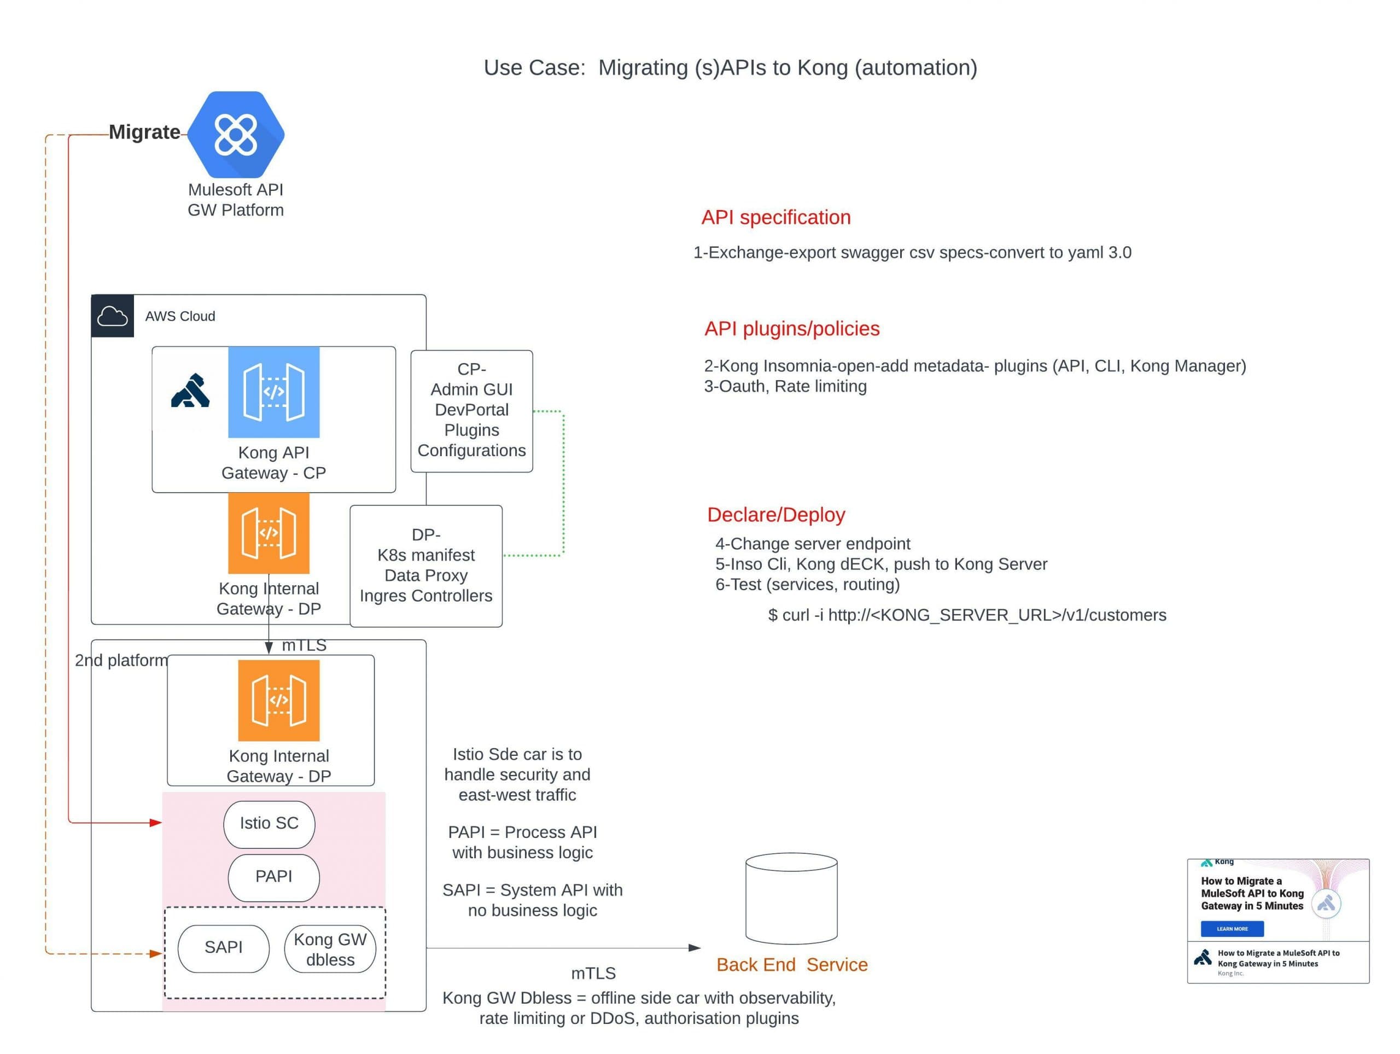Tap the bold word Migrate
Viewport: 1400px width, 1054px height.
(144, 132)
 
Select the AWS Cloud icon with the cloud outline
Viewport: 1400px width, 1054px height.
(112, 316)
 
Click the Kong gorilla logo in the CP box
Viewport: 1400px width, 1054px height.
(190, 391)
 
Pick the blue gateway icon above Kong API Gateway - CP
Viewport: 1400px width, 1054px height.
(273, 392)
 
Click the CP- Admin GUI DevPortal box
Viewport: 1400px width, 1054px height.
(471, 410)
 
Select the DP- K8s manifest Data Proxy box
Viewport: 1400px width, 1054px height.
(426, 566)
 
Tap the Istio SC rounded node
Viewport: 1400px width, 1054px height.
(269, 823)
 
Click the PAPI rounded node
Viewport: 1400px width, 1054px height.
(273, 877)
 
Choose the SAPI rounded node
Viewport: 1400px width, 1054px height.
(224, 948)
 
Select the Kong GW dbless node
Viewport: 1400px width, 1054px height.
(330, 949)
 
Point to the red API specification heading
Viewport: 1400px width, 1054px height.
(775, 217)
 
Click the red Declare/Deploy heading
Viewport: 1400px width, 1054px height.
(775, 515)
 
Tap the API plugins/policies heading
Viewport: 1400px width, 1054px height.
(791, 329)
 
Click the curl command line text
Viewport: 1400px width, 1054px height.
(966, 615)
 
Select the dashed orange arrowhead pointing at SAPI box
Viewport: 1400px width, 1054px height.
(156, 953)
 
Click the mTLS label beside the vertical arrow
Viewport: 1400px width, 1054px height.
(304, 645)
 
